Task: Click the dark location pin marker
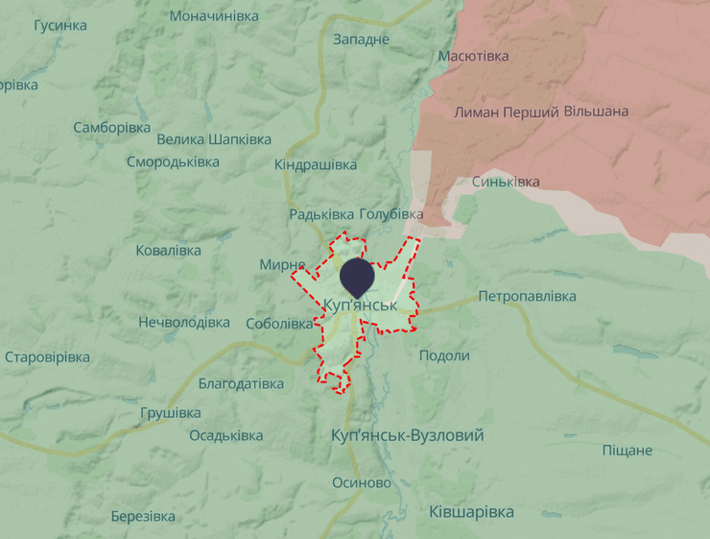[358, 276]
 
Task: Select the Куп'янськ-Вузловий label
[407, 435]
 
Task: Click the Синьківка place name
[506, 182]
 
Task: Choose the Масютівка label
[473, 56]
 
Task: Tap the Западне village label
[361, 39]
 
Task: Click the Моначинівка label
[214, 16]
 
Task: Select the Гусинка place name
[59, 25]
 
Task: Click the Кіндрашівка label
[316, 165]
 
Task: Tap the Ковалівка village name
[169, 251]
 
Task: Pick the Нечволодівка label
[184, 322]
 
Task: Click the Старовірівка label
[47, 357]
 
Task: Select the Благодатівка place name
[241, 383]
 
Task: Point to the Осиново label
[362, 482]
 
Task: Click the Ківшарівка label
[471, 511]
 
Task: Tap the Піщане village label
[627, 450]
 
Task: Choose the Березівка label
[143, 516]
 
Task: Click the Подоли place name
[444, 355]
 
